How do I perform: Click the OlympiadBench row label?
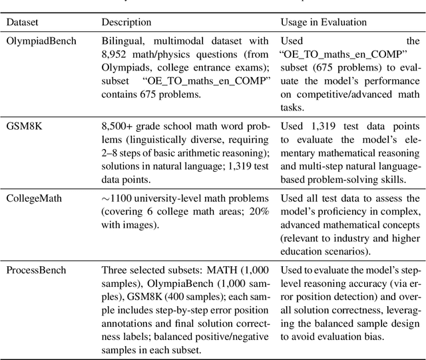(x=41, y=41)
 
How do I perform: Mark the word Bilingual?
(x=122, y=41)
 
